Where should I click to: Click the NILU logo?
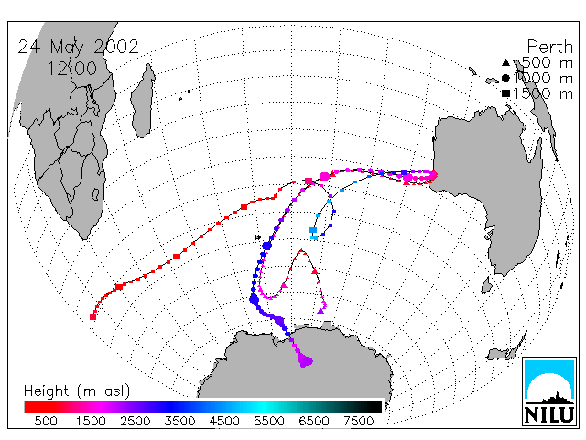coord(549,391)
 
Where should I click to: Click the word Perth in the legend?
coord(549,47)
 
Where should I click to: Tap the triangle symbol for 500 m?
coord(505,62)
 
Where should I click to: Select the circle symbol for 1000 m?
coord(505,78)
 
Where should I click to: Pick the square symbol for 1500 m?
coord(505,93)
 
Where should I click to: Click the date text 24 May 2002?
coord(78,47)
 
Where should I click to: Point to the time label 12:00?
coord(71,69)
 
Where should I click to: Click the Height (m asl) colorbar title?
coord(77,391)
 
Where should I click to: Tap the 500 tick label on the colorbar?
coord(46,421)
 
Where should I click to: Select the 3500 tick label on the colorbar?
coord(179,421)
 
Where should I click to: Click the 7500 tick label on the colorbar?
coord(358,421)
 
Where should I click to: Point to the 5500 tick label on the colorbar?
coord(269,421)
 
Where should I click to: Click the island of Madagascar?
coord(143,100)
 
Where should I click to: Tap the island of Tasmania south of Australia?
coord(486,285)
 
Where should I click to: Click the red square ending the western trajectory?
coord(92,317)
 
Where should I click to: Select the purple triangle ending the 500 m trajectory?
coord(320,311)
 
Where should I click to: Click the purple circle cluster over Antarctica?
coord(305,360)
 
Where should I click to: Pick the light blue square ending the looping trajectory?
coord(313,230)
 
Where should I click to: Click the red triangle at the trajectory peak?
coord(302,251)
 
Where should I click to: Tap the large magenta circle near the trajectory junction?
coord(325,176)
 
